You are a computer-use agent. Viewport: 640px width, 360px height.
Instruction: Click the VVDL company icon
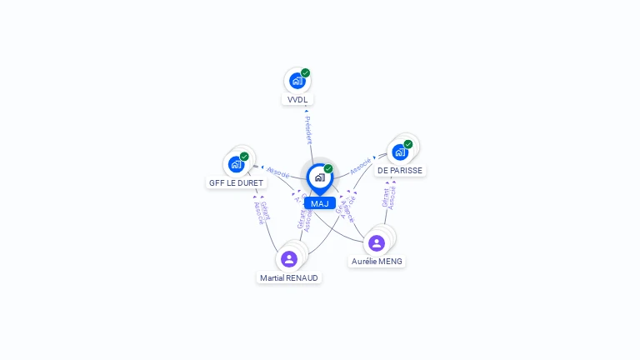297,81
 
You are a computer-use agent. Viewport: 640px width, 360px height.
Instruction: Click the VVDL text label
297,100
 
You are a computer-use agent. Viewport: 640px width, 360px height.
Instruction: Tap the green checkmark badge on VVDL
306,73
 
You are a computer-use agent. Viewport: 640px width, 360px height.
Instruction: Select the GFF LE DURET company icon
236,164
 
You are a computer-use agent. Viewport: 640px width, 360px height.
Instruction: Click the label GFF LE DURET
236,182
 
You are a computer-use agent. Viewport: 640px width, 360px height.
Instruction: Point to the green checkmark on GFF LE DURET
244,157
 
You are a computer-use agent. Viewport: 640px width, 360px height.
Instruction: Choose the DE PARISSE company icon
400,152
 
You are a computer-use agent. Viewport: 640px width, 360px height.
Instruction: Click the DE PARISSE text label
400,171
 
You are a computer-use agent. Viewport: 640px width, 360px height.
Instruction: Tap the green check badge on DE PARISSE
408,144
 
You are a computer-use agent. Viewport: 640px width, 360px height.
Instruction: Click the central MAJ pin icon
319,177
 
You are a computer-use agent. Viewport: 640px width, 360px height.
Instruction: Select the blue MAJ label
319,203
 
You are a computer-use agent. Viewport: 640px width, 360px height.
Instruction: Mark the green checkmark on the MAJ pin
328,169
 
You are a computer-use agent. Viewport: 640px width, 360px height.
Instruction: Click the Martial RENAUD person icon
289,258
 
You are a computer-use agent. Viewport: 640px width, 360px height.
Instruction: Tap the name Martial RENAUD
289,277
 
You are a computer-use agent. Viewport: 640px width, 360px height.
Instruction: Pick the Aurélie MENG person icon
377,242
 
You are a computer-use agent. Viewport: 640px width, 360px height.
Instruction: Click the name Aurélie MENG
377,261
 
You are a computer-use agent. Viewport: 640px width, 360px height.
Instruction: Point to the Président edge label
307,130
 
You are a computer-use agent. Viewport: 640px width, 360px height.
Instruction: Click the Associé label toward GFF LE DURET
278,172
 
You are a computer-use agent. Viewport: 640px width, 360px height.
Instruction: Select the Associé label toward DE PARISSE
361,166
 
